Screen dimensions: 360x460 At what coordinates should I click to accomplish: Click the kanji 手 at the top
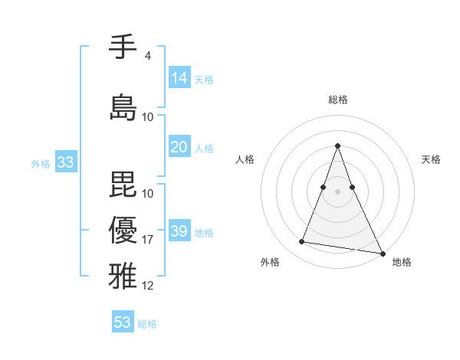[x=123, y=47]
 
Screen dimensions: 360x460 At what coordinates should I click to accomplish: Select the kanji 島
[x=123, y=107]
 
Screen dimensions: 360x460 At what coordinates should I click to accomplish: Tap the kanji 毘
[x=123, y=185]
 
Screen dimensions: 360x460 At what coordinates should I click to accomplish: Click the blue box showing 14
[x=179, y=77]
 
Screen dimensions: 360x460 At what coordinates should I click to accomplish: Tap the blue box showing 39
[x=179, y=231]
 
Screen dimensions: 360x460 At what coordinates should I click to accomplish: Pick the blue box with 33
[x=65, y=162]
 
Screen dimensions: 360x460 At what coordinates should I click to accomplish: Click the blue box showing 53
[x=123, y=322]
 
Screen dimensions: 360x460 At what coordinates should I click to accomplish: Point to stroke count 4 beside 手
[x=147, y=56]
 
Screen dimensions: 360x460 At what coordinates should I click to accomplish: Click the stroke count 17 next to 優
[x=148, y=240]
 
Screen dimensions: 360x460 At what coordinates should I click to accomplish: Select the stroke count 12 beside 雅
[x=148, y=286]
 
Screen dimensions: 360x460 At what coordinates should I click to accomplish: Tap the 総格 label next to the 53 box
[x=147, y=324]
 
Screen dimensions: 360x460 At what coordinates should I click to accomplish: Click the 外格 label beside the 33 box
[x=41, y=164]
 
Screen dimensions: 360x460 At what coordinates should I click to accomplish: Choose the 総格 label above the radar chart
[x=338, y=100]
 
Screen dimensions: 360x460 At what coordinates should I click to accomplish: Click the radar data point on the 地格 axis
[x=382, y=254]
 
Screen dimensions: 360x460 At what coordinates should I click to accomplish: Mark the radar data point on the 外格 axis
[x=301, y=242]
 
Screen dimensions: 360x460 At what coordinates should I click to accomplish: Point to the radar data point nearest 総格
[x=338, y=146]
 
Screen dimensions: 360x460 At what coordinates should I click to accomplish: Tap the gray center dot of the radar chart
[x=338, y=191]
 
